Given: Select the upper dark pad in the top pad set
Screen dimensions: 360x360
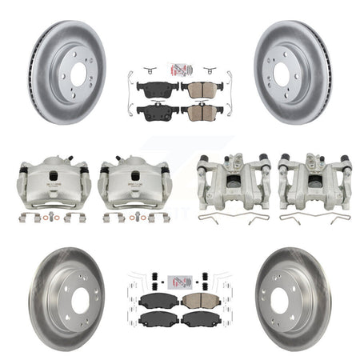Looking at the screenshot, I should [157, 87].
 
